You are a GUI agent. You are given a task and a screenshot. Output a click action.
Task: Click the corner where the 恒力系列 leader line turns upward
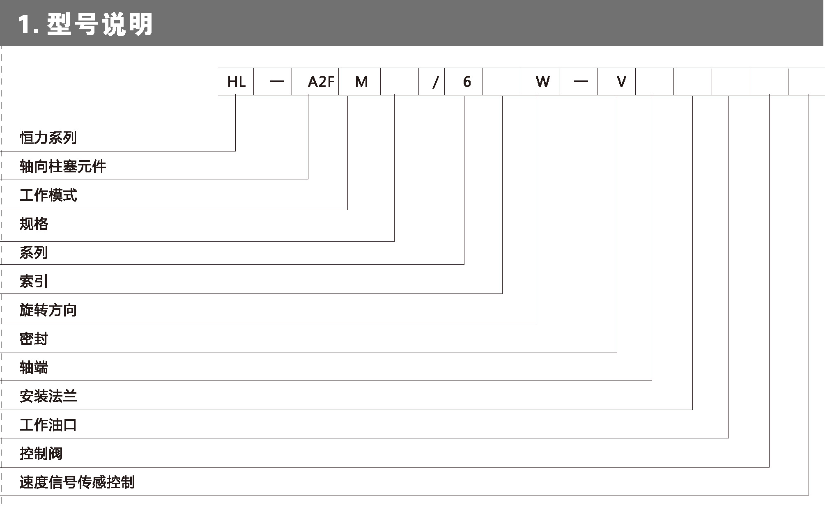click(x=235, y=151)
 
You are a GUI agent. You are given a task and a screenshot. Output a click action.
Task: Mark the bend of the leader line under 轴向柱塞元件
click(x=308, y=179)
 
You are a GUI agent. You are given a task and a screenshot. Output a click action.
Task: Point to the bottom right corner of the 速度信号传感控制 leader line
click(x=809, y=495)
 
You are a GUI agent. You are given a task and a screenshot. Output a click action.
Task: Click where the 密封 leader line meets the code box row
click(x=617, y=96)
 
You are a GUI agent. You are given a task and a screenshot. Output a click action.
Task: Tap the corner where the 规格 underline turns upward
click(x=394, y=241)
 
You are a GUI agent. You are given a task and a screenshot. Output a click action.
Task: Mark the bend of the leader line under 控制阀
click(x=769, y=467)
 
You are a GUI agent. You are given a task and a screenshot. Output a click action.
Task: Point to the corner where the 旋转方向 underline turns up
click(x=537, y=322)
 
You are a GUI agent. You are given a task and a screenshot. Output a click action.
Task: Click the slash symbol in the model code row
click(x=435, y=83)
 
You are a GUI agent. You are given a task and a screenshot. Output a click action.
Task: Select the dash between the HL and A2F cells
click(x=277, y=82)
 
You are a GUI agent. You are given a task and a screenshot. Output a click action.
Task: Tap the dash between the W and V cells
click(x=581, y=82)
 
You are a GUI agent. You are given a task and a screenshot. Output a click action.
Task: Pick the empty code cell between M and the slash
click(x=400, y=82)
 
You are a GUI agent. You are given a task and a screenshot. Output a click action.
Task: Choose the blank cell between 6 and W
click(x=502, y=82)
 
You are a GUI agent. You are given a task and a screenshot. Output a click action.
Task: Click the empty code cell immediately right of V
click(x=655, y=82)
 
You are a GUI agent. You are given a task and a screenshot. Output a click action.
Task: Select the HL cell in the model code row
click(x=236, y=82)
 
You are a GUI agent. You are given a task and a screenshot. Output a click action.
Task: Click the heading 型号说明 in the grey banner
click(x=100, y=24)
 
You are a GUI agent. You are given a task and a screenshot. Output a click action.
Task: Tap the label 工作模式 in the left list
click(x=48, y=195)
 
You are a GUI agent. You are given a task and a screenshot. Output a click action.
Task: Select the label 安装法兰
click(x=48, y=396)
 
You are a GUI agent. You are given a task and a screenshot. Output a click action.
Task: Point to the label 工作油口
click(x=48, y=425)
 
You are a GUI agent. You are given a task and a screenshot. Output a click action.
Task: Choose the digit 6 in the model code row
click(x=467, y=82)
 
